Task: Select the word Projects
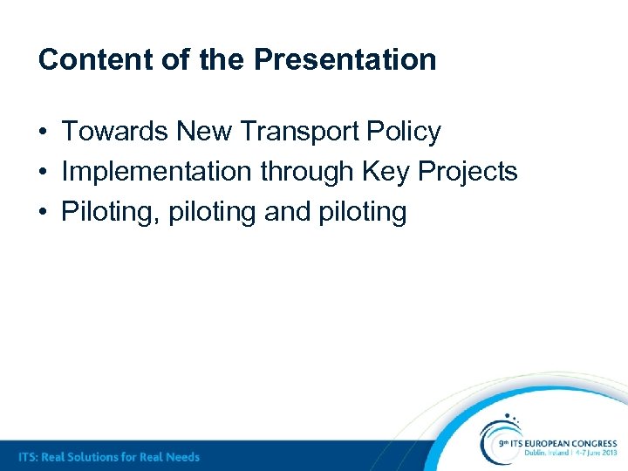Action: click(x=468, y=172)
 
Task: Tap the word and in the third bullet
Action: click(x=286, y=212)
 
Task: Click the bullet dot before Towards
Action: click(x=43, y=133)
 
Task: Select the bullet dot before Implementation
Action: click(x=43, y=173)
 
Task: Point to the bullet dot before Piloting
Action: click(x=43, y=213)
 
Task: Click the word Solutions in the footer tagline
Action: click(x=94, y=456)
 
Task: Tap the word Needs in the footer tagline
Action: click(x=181, y=456)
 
